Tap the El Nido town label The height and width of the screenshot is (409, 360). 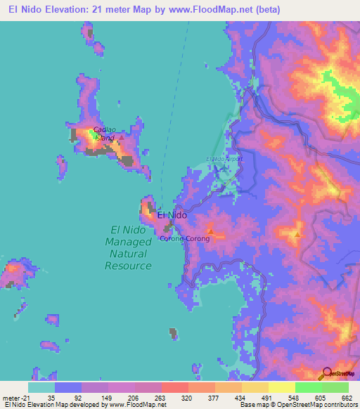pyautogui.click(x=172, y=215)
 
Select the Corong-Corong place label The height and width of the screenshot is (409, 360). pyautogui.click(x=184, y=238)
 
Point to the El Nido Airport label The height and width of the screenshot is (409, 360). pyautogui.click(x=224, y=159)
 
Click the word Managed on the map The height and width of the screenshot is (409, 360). pyautogui.click(x=128, y=242)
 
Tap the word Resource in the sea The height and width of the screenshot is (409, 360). pyautogui.click(x=128, y=266)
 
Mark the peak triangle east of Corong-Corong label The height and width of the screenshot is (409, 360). pyautogui.click(x=210, y=231)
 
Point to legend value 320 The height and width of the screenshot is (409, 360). pyautogui.click(x=186, y=398)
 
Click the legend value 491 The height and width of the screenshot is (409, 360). pyautogui.click(x=266, y=398)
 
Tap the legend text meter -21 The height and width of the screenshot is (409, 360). pyautogui.click(x=14, y=398)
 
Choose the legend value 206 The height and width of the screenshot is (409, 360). pyautogui.click(x=133, y=398)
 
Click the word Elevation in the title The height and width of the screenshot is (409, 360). pyautogui.click(x=74, y=11)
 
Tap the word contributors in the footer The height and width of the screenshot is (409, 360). pyautogui.click(x=337, y=405)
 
